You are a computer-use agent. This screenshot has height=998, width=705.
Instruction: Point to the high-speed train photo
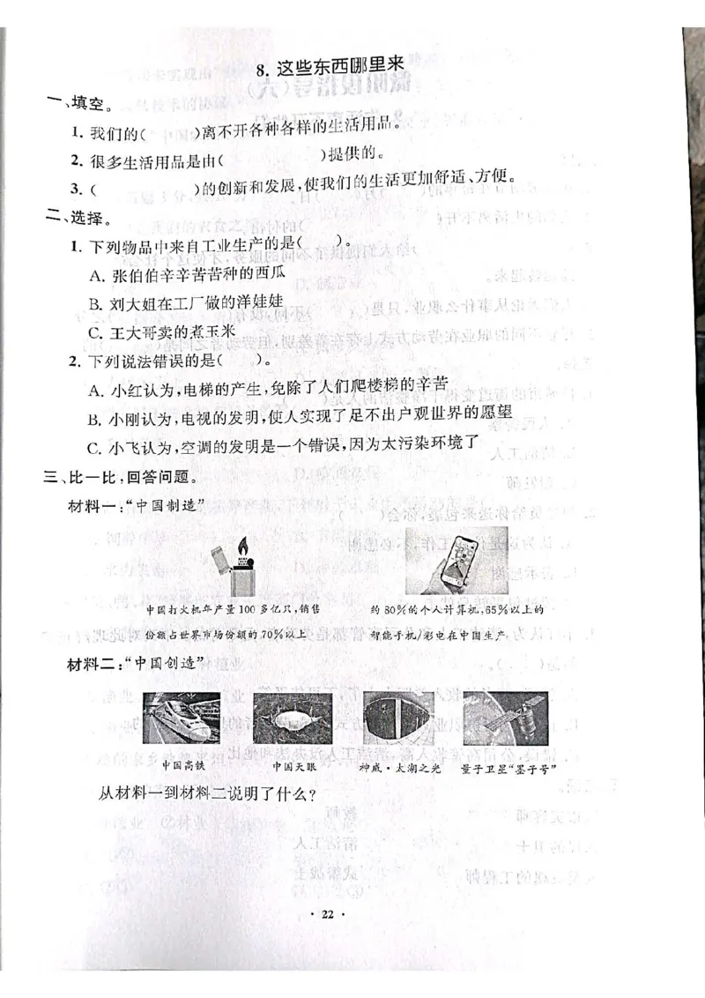click(x=181, y=716)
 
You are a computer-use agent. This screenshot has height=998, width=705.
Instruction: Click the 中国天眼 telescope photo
click(x=286, y=717)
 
